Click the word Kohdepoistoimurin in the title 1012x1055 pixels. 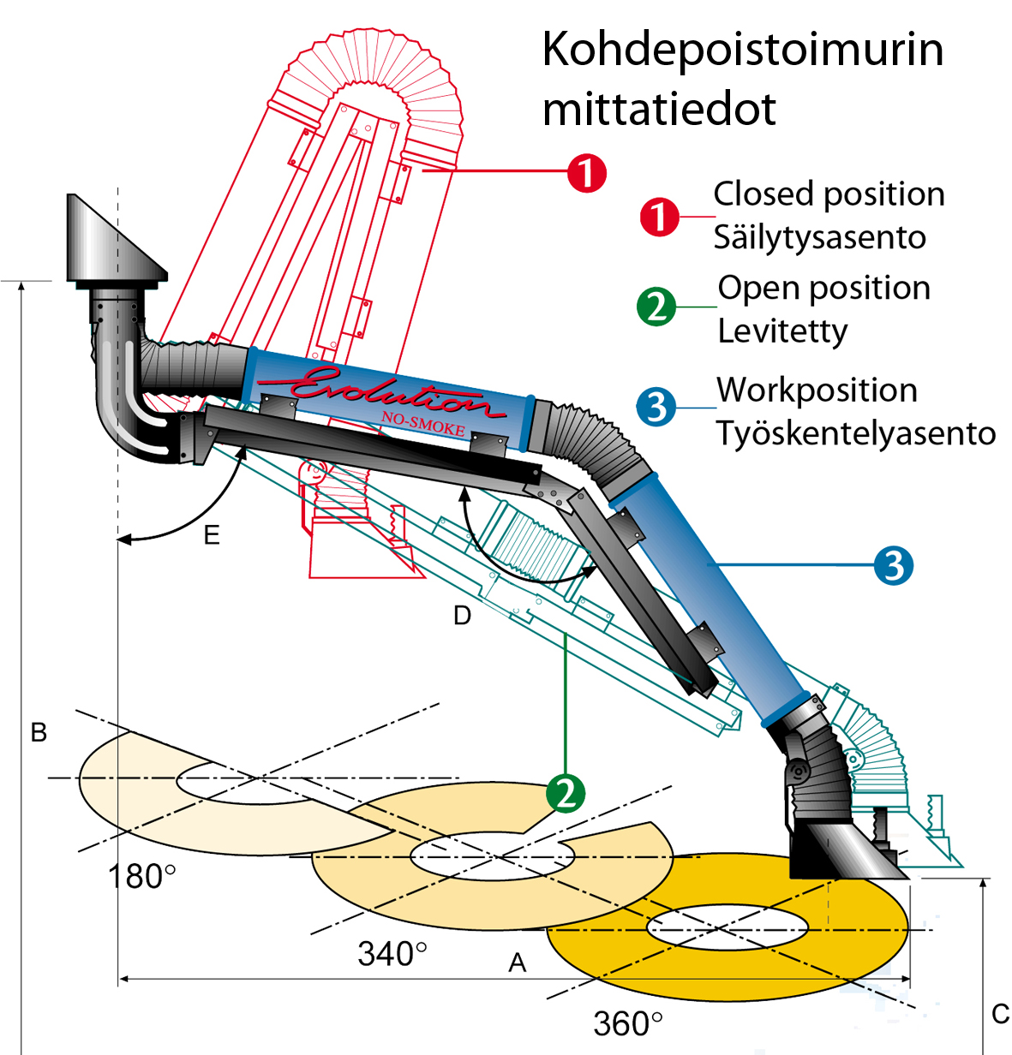742,50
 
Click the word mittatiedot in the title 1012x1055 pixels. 659,109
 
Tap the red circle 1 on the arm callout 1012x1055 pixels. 587,173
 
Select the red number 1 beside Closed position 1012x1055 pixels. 659,217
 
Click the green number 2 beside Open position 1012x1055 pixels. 657,307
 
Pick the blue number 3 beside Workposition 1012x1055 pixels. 657,407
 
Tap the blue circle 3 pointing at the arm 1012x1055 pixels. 894,565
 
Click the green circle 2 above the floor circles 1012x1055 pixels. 566,793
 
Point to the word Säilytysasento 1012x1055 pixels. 819,237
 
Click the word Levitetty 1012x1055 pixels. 782,331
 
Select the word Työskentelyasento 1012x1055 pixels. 856,432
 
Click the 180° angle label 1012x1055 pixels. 141,876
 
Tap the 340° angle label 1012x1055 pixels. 392,953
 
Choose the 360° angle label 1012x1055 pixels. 627,1023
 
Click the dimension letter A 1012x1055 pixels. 517,963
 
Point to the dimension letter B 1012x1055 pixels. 39,733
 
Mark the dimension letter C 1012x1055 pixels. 1000,1015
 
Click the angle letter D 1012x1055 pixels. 462,616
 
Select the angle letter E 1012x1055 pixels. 212,536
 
